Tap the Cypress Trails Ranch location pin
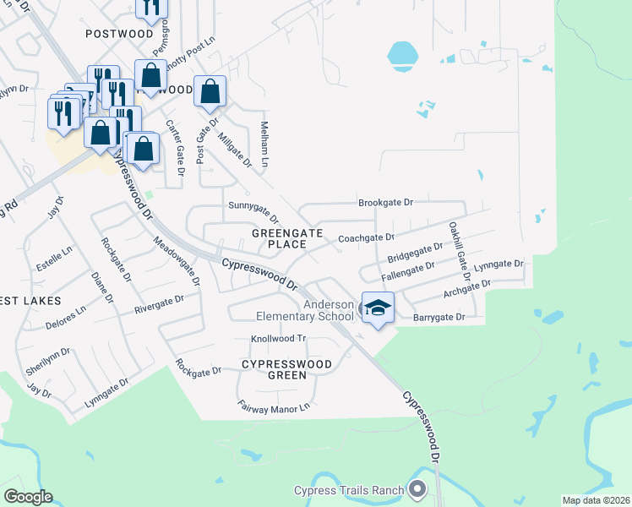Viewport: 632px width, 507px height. tap(417, 489)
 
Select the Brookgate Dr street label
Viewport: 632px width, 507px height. tap(385, 203)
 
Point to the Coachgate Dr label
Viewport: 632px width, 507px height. tap(367, 239)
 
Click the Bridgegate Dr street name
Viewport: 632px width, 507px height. tap(415, 253)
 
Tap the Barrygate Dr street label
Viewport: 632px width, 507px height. tap(439, 318)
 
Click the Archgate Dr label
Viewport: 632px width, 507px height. tap(466, 290)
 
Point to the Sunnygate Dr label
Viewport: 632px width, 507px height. tap(253, 205)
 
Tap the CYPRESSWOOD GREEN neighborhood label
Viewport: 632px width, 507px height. tap(286, 369)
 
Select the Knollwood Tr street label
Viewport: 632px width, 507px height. tap(277, 339)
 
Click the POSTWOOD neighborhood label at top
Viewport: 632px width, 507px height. tap(118, 33)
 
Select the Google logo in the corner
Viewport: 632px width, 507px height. tap(28, 497)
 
